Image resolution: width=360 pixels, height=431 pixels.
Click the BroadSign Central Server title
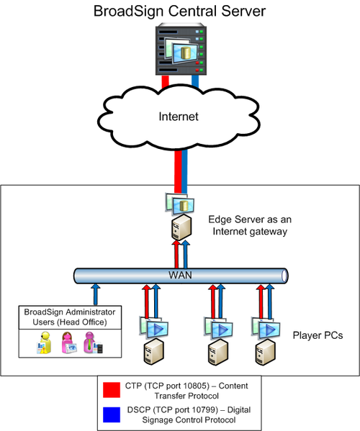coord(179,12)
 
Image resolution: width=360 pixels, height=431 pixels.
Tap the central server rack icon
coord(181,49)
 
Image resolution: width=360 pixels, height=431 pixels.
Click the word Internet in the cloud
coord(179,117)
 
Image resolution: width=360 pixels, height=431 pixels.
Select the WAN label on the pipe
coord(181,275)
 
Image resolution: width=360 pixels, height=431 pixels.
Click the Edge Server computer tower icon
coord(181,227)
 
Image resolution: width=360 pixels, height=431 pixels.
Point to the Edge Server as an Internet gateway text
coord(250,225)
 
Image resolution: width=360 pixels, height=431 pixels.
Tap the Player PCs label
coord(318,335)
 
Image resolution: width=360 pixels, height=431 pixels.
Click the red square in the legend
coord(112,390)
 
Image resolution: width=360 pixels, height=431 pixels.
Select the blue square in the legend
coord(112,414)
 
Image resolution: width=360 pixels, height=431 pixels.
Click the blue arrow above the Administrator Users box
coord(96,295)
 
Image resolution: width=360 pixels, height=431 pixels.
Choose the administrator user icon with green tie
coord(93,342)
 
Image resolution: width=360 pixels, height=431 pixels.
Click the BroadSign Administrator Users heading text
coord(70,317)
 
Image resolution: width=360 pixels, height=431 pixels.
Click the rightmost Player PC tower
coord(266,352)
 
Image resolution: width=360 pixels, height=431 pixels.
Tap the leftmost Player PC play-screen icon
coord(154,327)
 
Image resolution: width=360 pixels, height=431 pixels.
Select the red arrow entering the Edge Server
coord(176,255)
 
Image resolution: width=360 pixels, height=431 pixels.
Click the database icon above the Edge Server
coord(180,204)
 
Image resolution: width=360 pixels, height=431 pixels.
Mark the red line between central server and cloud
coord(166,83)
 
